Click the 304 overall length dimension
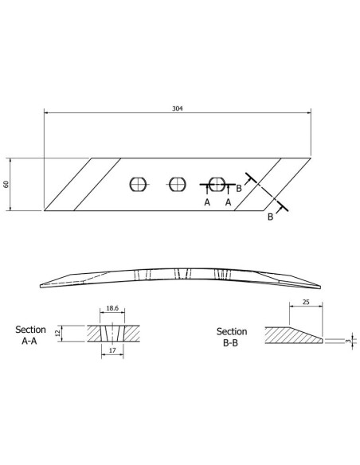coord(177,108)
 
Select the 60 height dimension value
coord(6,184)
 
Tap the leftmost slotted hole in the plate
coord(139,184)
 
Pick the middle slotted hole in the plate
coord(177,184)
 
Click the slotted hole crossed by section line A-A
coord(216,184)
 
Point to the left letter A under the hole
coord(206,203)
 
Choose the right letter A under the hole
coord(229,203)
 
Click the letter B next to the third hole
coord(239,188)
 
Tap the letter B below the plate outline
coord(270,217)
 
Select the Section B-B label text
coord(232,336)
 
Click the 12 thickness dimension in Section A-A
coord(57,334)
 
